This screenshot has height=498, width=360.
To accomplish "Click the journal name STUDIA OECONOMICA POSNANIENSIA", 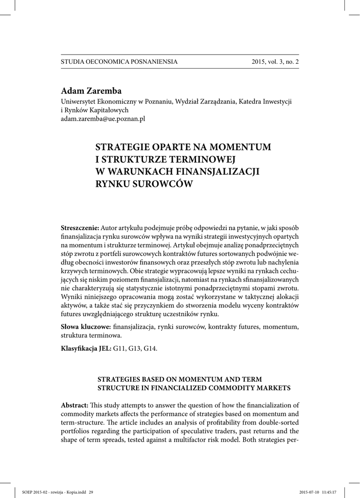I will (119, 62).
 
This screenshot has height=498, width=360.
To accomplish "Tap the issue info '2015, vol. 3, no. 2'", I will (275, 62).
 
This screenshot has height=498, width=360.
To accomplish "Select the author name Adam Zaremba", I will (91, 91).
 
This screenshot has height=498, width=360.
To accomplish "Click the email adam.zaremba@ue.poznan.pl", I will (103, 118).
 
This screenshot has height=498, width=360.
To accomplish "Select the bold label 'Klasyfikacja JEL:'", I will (86, 349).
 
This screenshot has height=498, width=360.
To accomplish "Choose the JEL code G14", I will (150, 349).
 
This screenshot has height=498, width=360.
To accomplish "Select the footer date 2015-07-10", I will (308, 492).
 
